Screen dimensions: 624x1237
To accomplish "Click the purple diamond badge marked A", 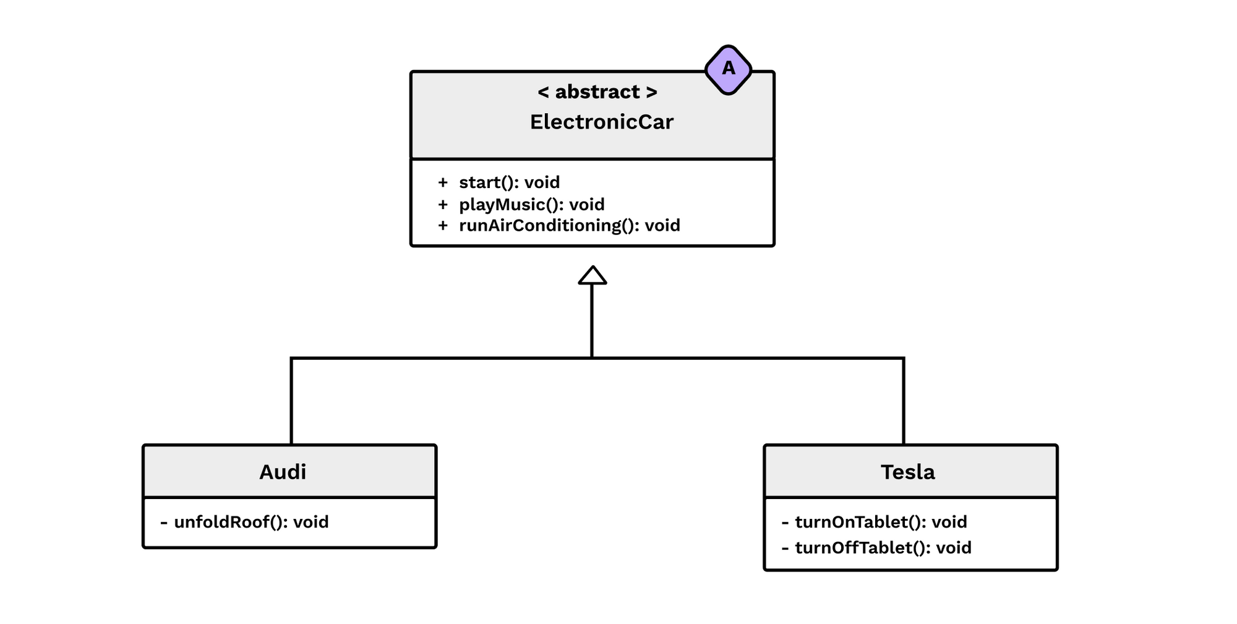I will tap(728, 69).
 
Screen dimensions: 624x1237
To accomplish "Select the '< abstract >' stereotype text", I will tap(597, 92).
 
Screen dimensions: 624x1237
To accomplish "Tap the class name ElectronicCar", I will tap(601, 122).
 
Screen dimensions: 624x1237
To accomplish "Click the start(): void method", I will tap(509, 182).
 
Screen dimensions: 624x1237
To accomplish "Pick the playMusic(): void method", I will tap(531, 204).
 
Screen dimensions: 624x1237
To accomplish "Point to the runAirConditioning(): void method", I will tap(569, 225).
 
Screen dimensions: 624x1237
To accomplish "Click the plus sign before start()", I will tap(442, 182).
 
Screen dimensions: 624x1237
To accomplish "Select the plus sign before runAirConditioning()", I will tap(442, 225).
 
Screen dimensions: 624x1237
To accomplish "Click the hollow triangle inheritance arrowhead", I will tap(592, 276).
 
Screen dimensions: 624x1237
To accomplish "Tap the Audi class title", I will tap(283, 472).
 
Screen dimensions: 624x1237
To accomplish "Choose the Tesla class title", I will tap(907, 472).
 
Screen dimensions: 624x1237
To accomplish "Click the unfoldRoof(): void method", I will tap(251, 522).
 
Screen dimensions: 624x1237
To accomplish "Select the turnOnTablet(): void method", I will tap(881, 522).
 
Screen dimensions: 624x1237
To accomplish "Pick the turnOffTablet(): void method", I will tap(883, 547).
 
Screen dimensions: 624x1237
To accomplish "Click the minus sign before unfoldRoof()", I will tap(164, 523).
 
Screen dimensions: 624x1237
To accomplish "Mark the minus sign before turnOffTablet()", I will tap(785, 548).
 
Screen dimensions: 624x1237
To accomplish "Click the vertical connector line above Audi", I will tap(291, 402).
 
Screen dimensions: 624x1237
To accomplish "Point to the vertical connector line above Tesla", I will tap(904, 402).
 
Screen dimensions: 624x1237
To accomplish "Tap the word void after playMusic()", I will tap(586, 204).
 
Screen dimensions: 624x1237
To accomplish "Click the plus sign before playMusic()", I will tap(442, 204).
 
